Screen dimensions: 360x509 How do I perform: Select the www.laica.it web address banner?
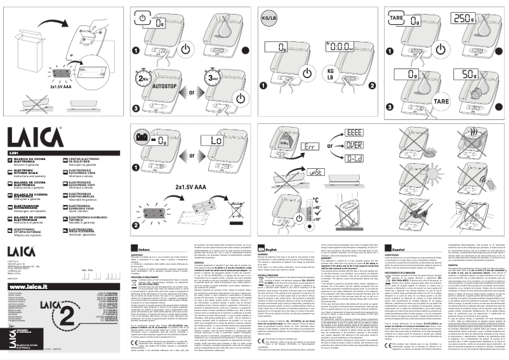(32, 269)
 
